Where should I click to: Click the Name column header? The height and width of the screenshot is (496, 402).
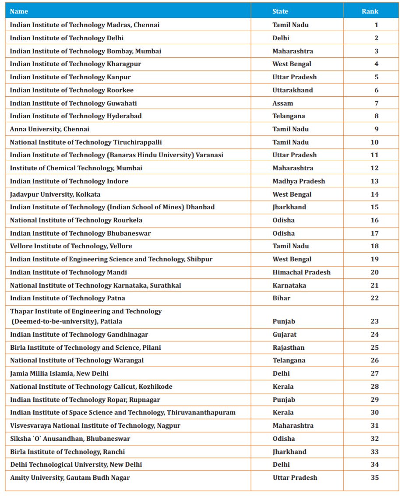19,11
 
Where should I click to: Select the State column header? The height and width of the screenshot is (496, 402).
280,11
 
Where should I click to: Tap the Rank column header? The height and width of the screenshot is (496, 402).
370,11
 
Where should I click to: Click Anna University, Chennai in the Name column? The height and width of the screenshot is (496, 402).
49,129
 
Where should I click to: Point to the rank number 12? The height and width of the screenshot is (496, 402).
374,168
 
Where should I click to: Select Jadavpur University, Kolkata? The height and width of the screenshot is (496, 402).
55,194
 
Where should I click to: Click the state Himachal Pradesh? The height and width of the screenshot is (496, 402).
301,272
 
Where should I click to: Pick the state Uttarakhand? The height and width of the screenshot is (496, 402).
293,90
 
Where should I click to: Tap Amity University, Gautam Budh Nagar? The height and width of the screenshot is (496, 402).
70,478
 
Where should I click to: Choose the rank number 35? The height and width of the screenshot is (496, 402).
374,478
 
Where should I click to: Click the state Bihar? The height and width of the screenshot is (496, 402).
281,298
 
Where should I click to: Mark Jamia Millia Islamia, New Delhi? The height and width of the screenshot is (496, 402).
59,373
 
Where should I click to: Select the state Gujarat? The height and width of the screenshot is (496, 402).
284,334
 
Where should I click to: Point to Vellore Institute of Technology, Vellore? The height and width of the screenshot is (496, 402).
71,246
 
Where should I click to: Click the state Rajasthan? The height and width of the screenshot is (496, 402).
288,348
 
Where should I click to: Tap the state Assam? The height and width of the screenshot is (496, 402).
282,103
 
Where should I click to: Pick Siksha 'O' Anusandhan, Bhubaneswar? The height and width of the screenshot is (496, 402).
70,439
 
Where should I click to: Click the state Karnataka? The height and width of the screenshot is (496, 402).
289,285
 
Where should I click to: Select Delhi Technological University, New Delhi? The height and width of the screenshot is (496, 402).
76,464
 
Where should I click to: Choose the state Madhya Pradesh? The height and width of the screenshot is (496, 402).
299,181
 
